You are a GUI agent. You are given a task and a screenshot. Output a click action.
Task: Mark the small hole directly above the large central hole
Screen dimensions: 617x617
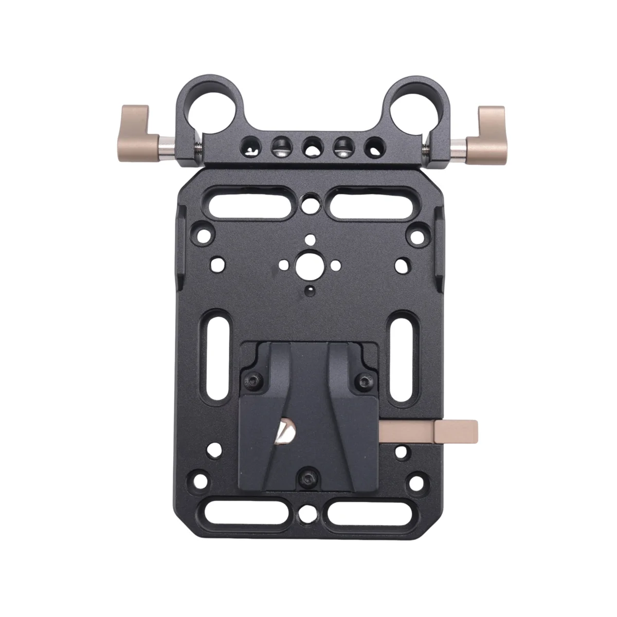click(x=310, y=239)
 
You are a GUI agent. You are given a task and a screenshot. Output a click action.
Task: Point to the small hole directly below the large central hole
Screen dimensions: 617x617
click(x=310, y=292)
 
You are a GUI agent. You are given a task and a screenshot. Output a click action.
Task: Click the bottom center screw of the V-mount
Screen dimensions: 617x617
click(x=308, y=476)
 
